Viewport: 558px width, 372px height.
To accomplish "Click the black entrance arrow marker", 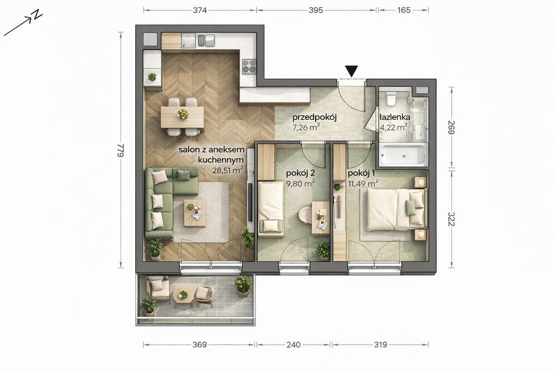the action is pos(351,71).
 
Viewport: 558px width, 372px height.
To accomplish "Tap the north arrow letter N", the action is pos(37,15).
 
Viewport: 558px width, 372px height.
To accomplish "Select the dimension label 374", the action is pos(199,10).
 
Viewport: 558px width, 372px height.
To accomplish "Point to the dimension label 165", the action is pos(404,10).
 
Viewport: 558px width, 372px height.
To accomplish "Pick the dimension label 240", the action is pos(294,345).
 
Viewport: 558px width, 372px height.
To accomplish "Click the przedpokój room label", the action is pos(314,117).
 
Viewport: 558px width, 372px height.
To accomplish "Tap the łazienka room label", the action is pos(395,117).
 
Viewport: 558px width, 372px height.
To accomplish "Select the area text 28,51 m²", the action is pos(228,170).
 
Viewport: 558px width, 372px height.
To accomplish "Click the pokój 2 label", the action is pos(301,174).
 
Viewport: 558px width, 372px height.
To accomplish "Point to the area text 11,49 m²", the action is pos(363,184).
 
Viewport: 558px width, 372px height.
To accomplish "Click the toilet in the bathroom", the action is pos(391,99).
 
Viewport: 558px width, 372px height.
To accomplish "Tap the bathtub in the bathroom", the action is pos(403,155).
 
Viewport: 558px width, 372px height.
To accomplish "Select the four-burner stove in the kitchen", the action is pos(249,66).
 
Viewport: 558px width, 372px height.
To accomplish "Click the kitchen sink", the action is pos(189,40).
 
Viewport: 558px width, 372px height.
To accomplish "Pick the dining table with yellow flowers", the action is pos(182,117).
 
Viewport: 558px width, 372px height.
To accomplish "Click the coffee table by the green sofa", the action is pos(195,213).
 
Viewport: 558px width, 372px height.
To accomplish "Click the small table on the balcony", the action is pos(183,296).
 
